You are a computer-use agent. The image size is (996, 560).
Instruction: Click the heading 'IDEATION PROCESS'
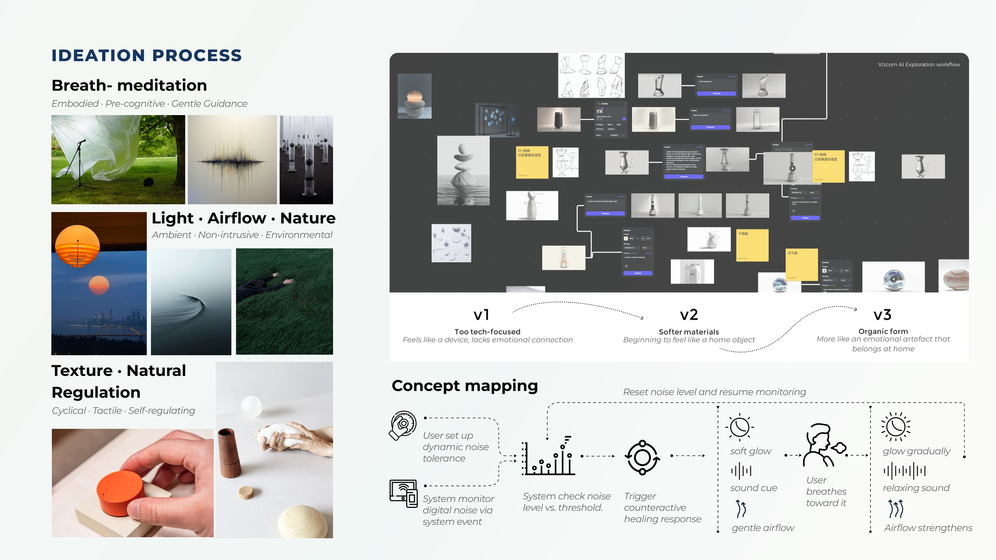(x=147, y=55)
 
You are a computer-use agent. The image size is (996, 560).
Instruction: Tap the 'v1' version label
(x=481, y=315)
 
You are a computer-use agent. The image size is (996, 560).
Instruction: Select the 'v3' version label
(x=882, y=315)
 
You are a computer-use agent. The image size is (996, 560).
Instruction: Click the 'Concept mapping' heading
(x=465, y=386)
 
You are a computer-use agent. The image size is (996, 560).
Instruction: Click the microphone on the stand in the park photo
(x=81, y=142)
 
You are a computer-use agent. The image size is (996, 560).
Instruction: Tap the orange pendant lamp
(x=77, y=245)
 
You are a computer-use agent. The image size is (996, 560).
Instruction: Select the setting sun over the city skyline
(x=99, y=284)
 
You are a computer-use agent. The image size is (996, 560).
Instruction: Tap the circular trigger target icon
(x=642, y=458)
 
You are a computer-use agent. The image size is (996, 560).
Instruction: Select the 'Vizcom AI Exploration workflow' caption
(x=919, y=65)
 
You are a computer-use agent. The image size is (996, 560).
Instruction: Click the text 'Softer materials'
(x=689, y=332)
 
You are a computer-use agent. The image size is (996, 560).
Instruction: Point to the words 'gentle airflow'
(x=763, y=528)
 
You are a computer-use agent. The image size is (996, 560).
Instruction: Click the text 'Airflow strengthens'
(x=928, y=528)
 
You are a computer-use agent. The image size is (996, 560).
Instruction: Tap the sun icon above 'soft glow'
(x=740, y=427)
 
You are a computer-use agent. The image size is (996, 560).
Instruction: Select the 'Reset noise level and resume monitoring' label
(x=714, y=392)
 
